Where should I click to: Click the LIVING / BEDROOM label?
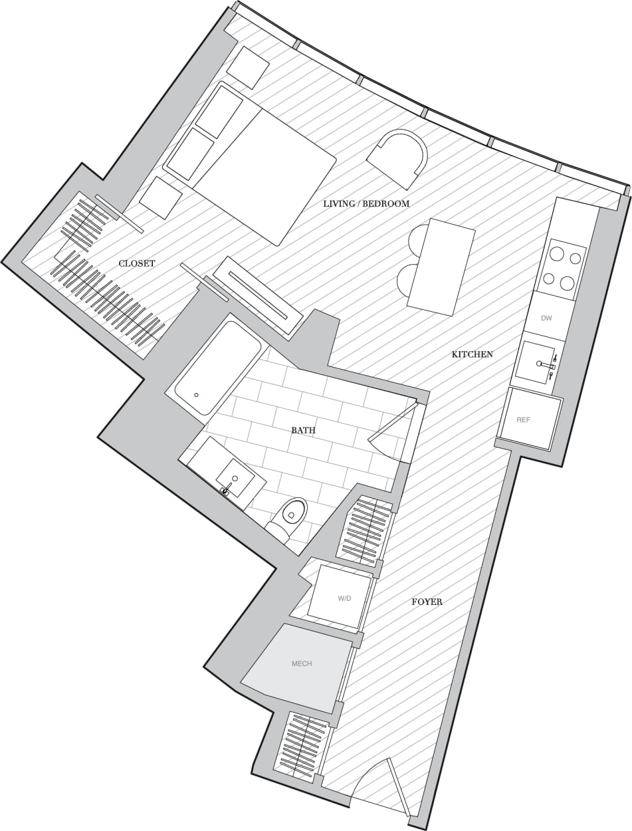click(x=366, y=203)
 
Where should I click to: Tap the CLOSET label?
click(x=137, y=264)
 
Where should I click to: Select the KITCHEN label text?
click(x=473, y=354)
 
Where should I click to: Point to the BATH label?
click(x=303, y=430)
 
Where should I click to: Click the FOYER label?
click(x=427, y=602)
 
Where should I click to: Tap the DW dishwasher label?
click(x=546, y=318)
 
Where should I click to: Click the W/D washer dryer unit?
click(x=343, y=597)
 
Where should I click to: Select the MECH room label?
click(x=302, y=663)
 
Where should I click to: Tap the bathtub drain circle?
click(x=197, y=395)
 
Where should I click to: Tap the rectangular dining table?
click(x=441, y=265)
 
